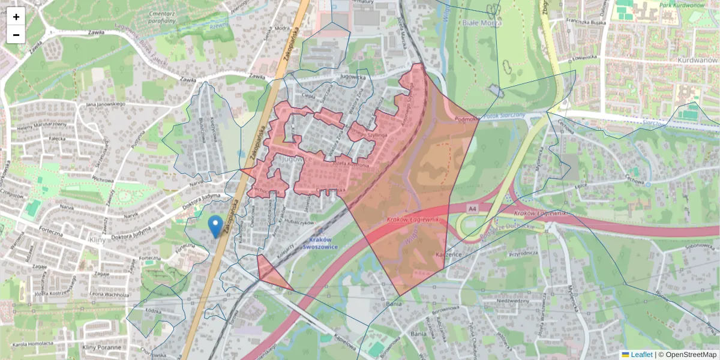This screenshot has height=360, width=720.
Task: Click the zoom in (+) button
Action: (16, 17)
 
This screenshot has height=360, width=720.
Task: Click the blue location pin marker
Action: (215, 227)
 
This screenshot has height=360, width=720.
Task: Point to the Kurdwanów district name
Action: (697, 61)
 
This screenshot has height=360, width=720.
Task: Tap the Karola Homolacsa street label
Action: (34, 344)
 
